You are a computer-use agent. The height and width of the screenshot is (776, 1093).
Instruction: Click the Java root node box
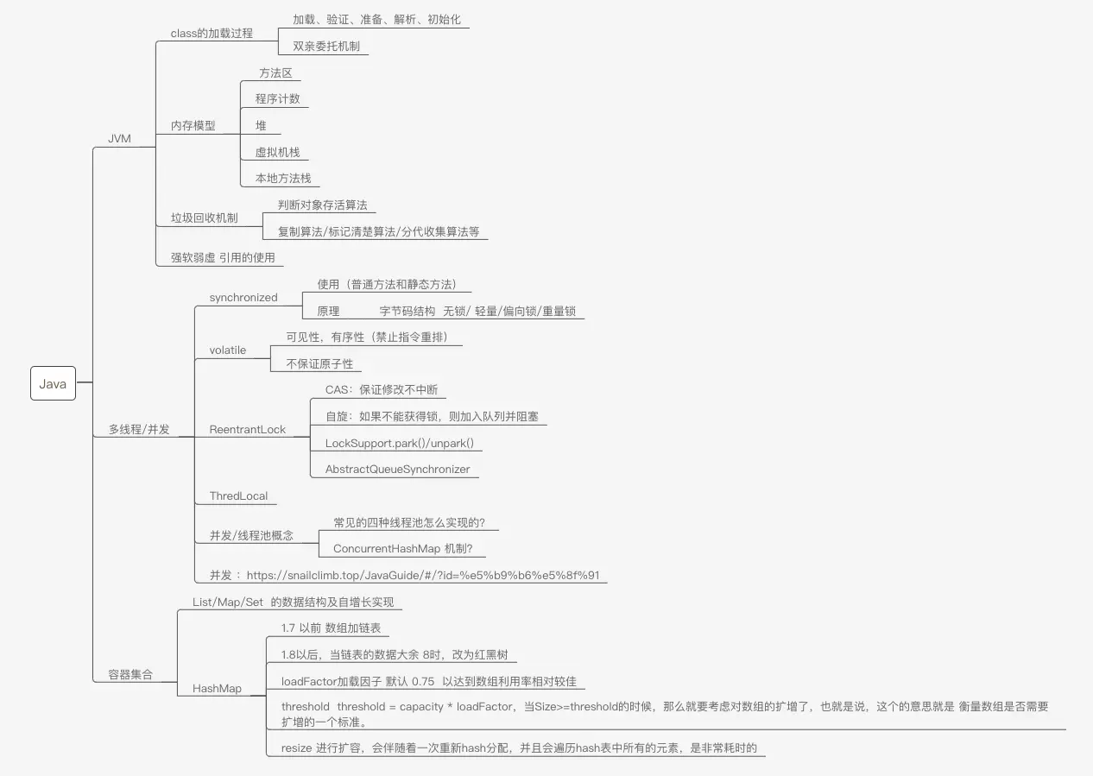(x=53, y=384)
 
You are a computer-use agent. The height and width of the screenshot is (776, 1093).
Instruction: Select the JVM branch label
(x=119, y=138)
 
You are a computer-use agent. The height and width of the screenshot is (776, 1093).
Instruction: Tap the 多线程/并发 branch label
(x=139, y=429)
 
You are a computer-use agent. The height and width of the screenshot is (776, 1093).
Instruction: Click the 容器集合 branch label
(x=130, y=675)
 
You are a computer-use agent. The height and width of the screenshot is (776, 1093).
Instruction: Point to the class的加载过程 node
(x=212, y=33)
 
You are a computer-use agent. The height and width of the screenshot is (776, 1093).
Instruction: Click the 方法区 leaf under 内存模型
(x=275, y=73)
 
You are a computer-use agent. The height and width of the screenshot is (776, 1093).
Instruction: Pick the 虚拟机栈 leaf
(x=276, y=152)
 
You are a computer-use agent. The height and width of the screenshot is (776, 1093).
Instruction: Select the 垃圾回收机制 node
(x=204, y=218)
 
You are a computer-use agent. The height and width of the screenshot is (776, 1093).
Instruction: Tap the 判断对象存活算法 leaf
(x=322, y=205)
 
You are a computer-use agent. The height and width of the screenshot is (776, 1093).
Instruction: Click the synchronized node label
(x=243, y=297)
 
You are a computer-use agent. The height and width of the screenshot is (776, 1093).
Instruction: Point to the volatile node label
(x=228, y=350)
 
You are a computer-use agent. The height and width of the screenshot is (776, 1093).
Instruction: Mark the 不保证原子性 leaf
(x=319, y=363)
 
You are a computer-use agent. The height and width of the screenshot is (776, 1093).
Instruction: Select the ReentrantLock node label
(x=248, y=429)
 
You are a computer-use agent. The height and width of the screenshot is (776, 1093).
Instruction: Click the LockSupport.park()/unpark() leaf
(x=399, y=443)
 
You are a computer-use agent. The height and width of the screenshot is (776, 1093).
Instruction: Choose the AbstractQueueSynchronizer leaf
(x=397, y=469)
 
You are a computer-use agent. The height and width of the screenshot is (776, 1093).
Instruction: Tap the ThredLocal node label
(x=238, y=495)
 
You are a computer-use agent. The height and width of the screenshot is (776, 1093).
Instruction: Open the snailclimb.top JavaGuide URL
(x=423, y=575)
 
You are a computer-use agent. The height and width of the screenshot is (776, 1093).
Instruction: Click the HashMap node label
(x=217, y=688)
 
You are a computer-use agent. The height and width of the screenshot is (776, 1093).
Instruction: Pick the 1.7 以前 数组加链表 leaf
(x=331, y=628)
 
